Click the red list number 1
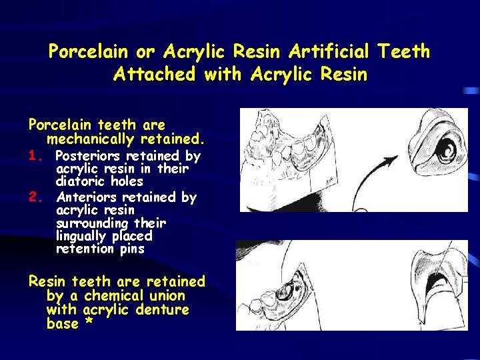[36, 156]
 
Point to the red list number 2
[36, 197]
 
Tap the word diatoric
[77, 181]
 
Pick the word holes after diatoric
[127, 181]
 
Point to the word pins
[130, 249]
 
